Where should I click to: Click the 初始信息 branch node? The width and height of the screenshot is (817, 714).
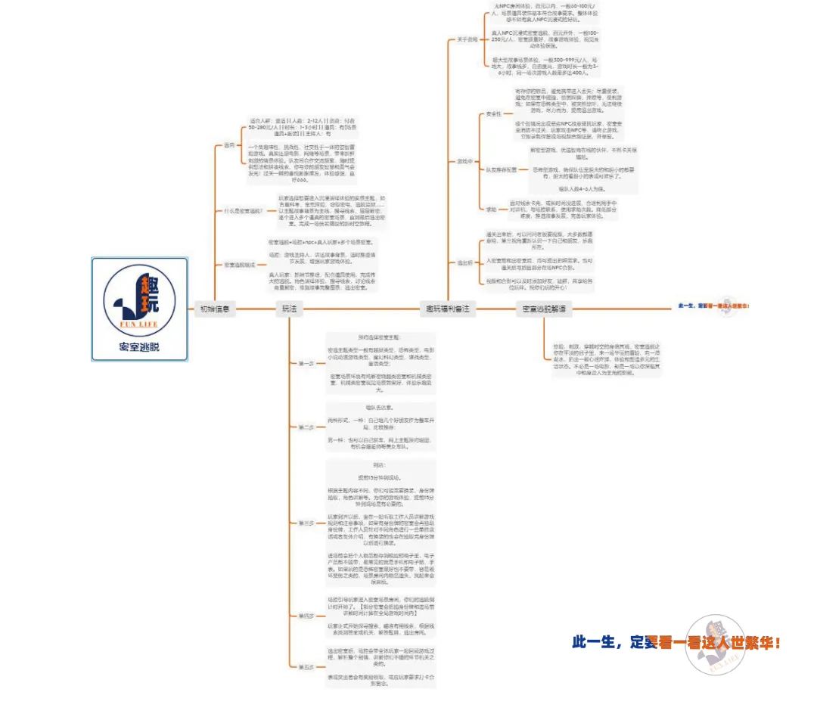click(215, 309)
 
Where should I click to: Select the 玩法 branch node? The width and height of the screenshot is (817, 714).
click(289, 309)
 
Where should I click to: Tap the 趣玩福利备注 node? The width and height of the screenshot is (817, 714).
click(447, 309)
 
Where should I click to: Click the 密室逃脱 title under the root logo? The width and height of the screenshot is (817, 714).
click(139, 348)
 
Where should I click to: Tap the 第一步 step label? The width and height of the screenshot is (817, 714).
click(306, 364)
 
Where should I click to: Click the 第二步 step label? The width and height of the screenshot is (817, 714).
click(306, 427)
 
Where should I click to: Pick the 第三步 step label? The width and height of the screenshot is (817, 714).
click(306, 523)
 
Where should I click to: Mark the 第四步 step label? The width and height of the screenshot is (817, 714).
click(306, 616)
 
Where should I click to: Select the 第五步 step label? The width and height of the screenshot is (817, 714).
click(306, 667)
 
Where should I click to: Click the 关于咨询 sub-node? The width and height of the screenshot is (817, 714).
click(467, 39)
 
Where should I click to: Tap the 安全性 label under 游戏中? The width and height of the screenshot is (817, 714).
click(493, 114)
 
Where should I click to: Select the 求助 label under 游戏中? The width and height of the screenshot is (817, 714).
click(492, 208)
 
